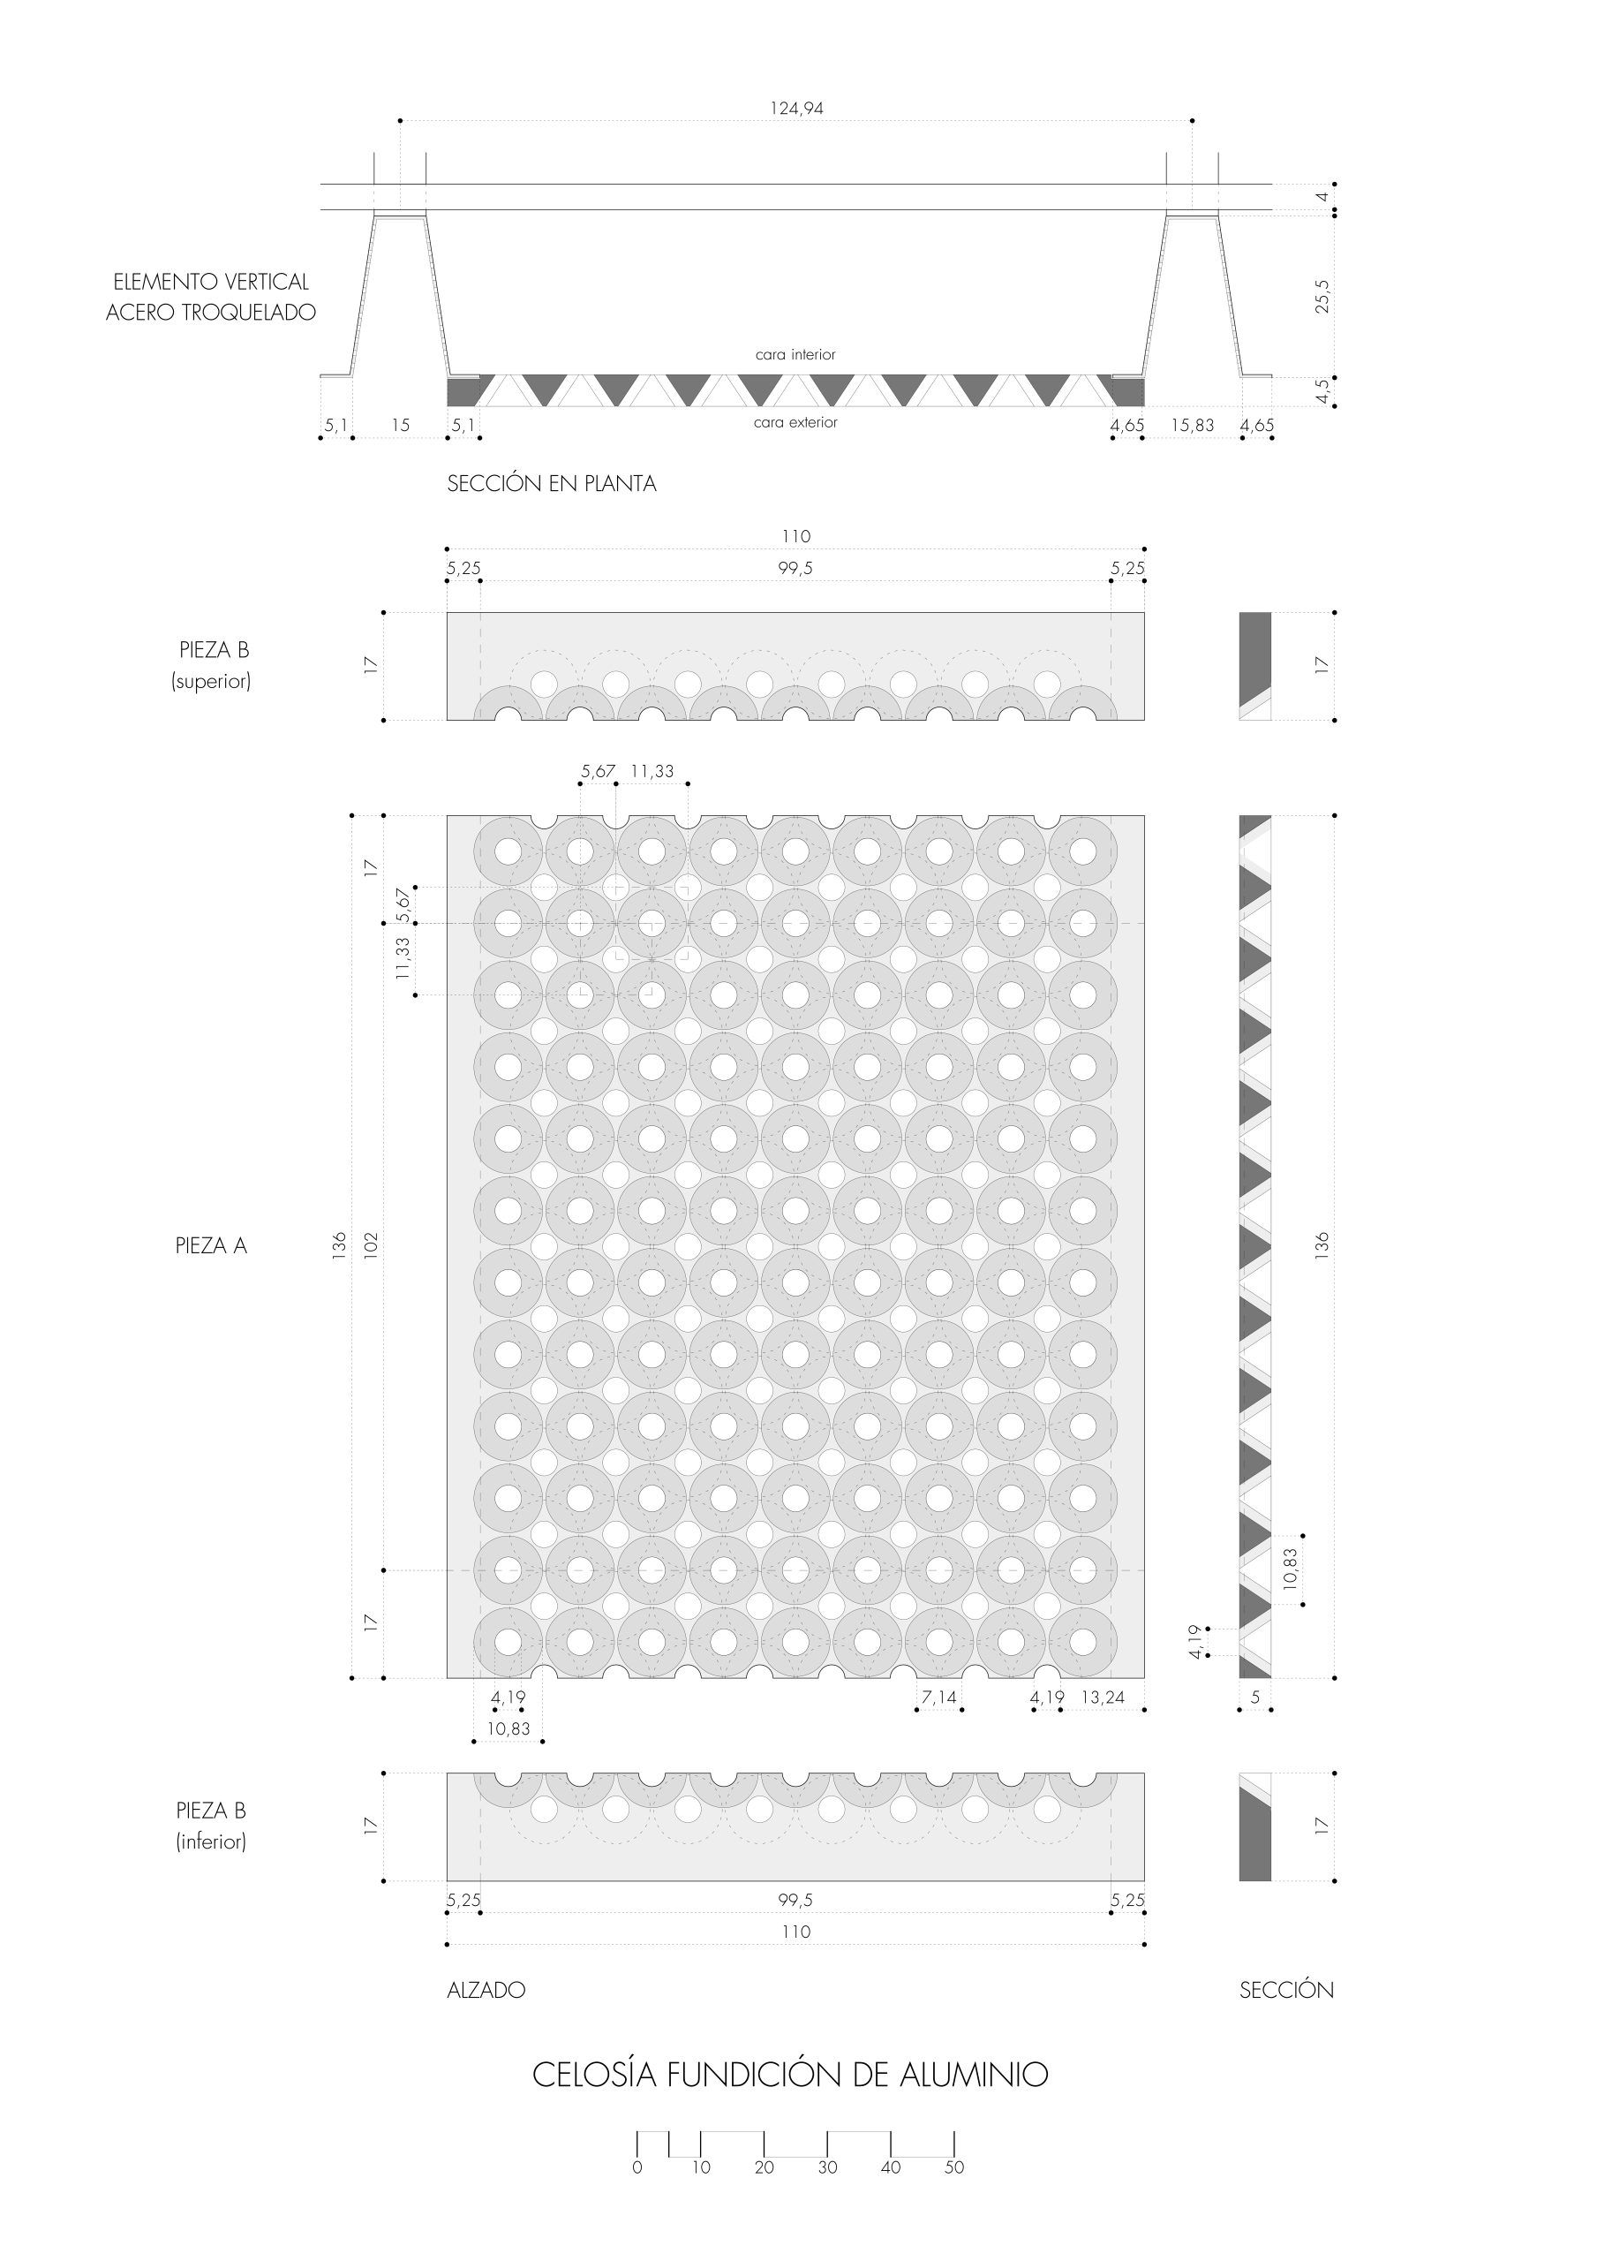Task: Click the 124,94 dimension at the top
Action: (x=796, y=109)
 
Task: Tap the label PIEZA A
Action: (x=211, y=1245)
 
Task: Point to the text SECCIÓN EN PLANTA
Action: (x=552, y=483)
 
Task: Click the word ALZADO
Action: (x=486, y=1989)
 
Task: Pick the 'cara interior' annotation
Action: (x=795, y=354)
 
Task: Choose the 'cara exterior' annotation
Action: (x=795, y=422)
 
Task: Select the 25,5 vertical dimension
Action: (x=1322, y=295)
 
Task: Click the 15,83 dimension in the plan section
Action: (x=1193, y=426)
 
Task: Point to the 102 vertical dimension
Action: (x=371, y=1244)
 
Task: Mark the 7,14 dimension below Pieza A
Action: (x=939, y=1697)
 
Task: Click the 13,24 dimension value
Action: (x=1103, y=1697)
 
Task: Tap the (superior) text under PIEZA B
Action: (x=211, y=682)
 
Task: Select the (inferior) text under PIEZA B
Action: (x=211, y=1841)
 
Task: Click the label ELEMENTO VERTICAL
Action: (x=211, y=282)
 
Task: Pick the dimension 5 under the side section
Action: (x=1255, y=1697)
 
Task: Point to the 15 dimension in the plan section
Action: (x=401, y=426)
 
